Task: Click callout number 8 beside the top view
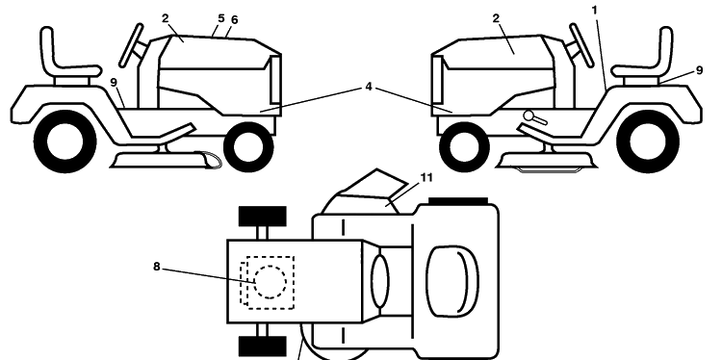[x=157, y=267]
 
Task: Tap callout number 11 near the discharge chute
[x=426, y=178]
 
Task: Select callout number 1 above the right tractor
[x=595, y=10]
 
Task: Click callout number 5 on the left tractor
[x=221, y=18]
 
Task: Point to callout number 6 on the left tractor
[x=234, y=20]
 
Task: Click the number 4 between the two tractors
[x=369, y=87]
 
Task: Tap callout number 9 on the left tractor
[x=114, y=83]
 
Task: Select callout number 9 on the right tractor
[x=699, y=70]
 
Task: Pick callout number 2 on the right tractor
[x=496, y=18]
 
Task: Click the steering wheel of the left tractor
[x=132, y=45]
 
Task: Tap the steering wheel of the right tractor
[x=581, y=45]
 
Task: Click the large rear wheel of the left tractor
[x=64, y=141]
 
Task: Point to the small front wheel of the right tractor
[x=464, y=146]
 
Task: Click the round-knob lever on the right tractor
[x=535, y=117]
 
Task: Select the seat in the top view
[x=452, y=281]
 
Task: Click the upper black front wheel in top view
[x=263, y=216]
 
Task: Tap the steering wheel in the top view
[x=380, y=281]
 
